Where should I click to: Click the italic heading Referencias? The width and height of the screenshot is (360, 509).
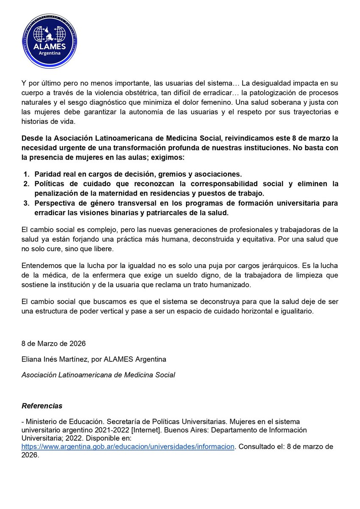tap(42, 406)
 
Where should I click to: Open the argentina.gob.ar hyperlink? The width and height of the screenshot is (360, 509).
tap(128, 446)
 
